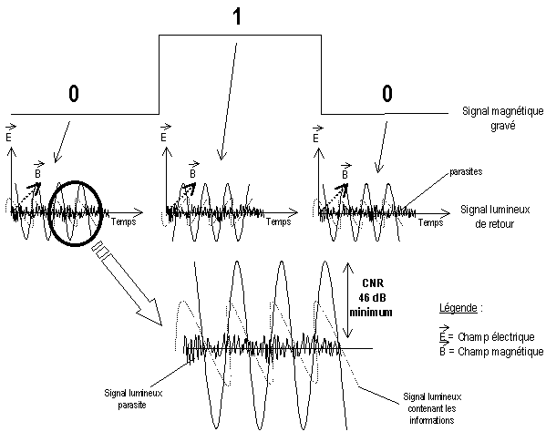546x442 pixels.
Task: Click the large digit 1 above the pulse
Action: [237, 16]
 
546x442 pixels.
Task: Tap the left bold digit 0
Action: [74, 94]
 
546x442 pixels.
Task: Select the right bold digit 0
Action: [387, 94]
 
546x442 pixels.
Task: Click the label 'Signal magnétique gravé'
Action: [502, 118]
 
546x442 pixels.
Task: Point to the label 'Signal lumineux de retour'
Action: [495, 216]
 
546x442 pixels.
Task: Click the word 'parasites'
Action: [466, 171]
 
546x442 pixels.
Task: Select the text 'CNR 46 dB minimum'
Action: [371, 298]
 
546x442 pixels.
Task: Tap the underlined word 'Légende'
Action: [458, 308]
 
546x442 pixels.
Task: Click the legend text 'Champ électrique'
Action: [496, 337]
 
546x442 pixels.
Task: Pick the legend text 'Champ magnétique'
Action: [500, 352]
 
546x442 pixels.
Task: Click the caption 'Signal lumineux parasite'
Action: [133, 399]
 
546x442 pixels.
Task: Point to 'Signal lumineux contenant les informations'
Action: [432, 408]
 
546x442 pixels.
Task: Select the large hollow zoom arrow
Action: [127, 283]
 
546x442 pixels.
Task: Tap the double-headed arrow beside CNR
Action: [347, 300]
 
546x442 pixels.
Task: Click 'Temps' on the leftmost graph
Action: [124, 221]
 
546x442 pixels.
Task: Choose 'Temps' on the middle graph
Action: [279, 221]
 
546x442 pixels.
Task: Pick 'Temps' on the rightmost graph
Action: [431, 222]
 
